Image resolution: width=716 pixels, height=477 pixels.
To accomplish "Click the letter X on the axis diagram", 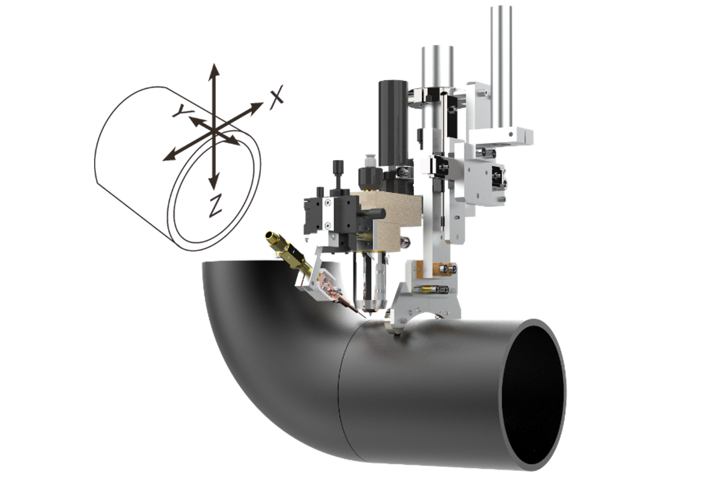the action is click(x=276, y=97).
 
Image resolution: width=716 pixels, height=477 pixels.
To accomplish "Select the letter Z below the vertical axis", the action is click(x=215, y=207).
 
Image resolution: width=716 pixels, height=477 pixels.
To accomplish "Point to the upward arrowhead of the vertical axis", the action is click(x=215, y=69).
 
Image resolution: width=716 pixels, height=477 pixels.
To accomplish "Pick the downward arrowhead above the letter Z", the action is click(x=215, y=184).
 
